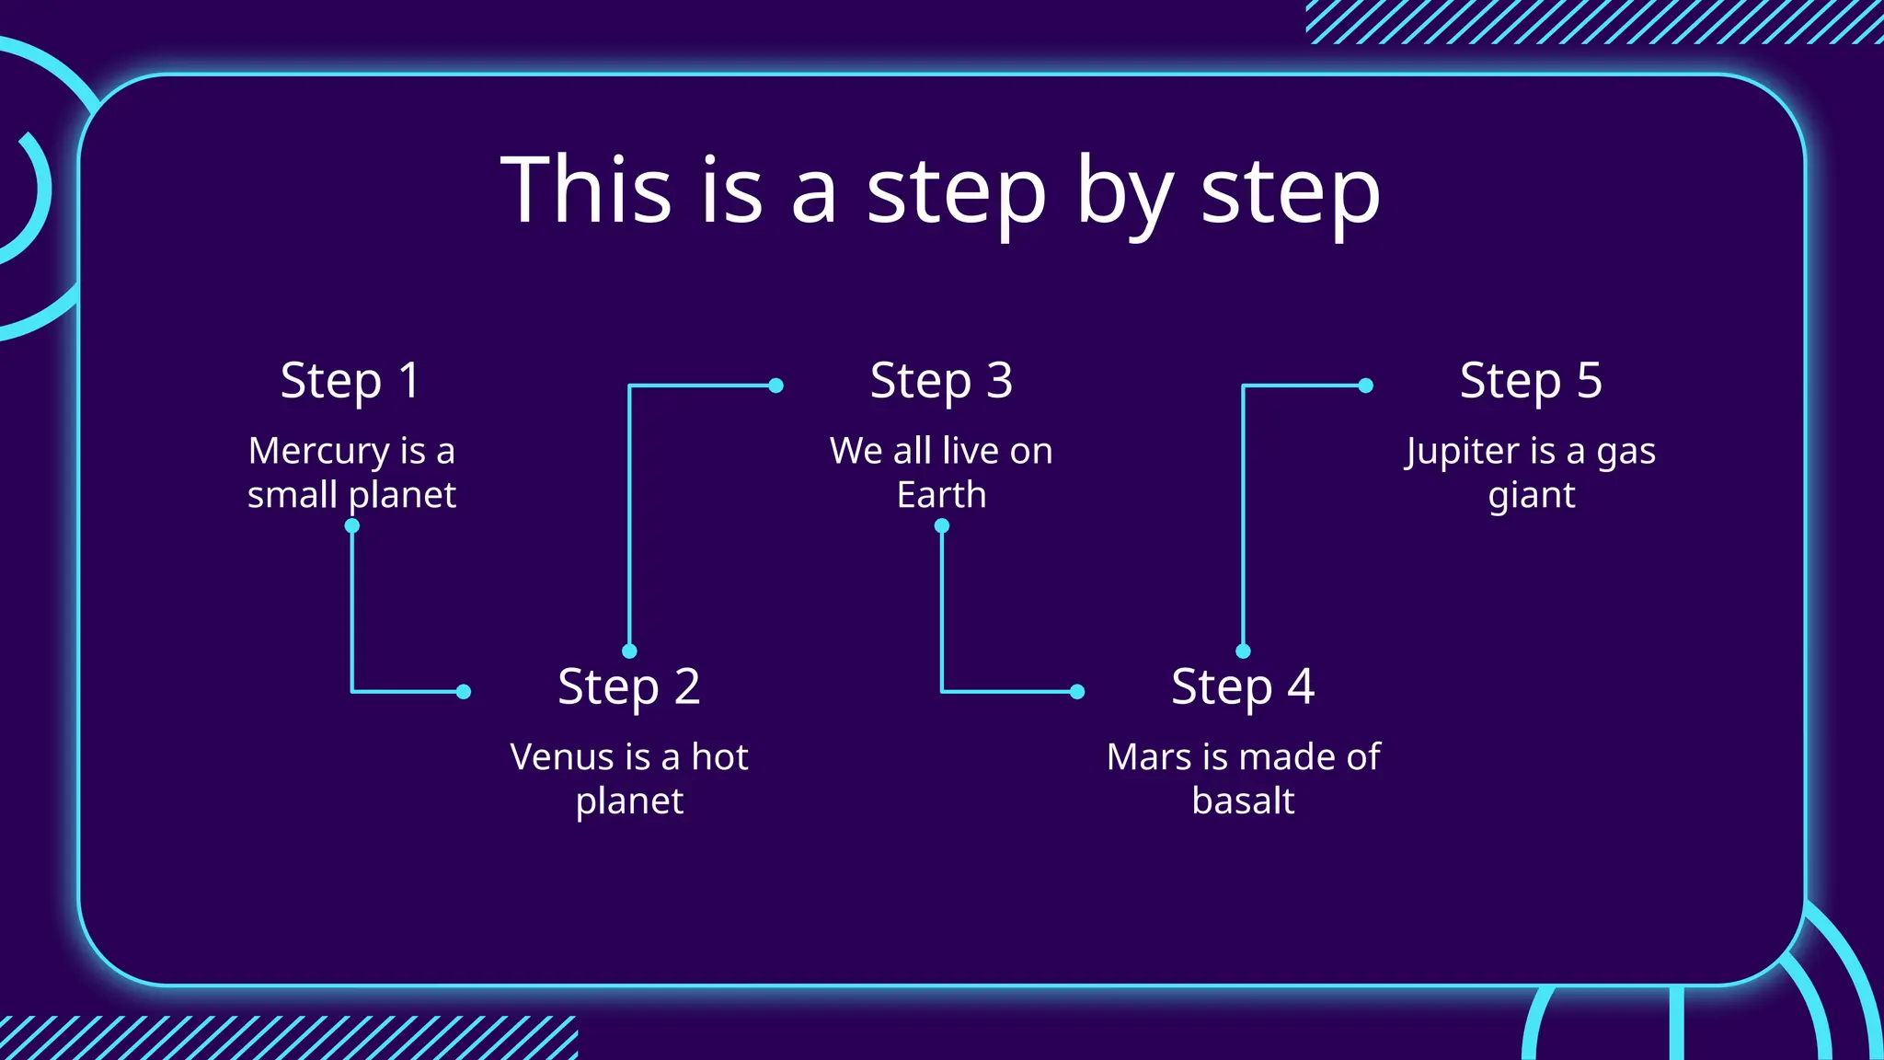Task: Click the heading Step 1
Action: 350,381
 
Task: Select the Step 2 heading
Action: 629,687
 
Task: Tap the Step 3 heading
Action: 941,381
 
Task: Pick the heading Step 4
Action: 1243,687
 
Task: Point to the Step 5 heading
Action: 1531,381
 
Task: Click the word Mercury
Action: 318,452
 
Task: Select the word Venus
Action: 561,757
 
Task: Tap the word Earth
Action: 941,496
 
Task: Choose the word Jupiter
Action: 1462,452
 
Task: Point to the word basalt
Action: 1243,801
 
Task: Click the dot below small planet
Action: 351,526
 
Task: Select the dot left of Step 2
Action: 464,692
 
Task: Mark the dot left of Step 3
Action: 775,386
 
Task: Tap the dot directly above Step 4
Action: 1243,651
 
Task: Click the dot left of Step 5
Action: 1366,386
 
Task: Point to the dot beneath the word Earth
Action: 941,526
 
